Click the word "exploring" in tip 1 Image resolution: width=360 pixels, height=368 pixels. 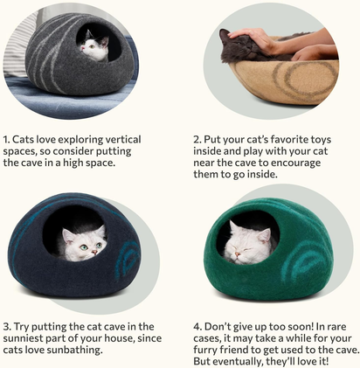click(92, 138)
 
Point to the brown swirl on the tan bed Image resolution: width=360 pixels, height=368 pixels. click(301, 74)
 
